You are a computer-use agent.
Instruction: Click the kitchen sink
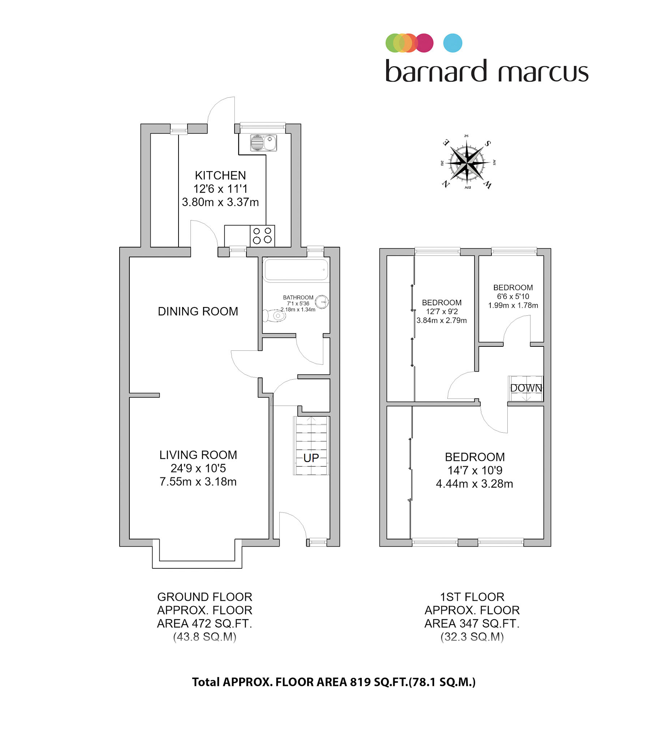click(263, 143)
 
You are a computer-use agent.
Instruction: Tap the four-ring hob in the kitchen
click(262, 236)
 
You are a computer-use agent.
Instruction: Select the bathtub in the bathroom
click(296, 270)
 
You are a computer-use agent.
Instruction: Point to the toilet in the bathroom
click(274, 315)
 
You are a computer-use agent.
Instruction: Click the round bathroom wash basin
click(322, 302)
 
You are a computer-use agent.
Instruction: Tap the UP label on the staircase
click(311, 458)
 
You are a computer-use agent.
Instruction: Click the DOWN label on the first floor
click(526, 388)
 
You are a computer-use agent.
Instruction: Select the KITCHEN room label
click(220, 175)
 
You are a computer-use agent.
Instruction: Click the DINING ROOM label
click(198, 311)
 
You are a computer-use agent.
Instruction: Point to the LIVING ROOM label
click(198, 455)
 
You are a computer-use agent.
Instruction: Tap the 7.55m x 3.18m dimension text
click(198, 482)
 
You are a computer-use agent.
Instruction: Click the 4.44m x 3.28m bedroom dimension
click(474, 484)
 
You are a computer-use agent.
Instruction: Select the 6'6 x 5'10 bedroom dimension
click(513, 296)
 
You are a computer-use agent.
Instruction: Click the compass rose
click(467, 162)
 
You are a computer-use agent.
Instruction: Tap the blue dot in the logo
click(453, 43)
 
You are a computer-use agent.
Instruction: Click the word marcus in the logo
click(543, 73)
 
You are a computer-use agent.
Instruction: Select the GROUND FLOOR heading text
click(205, 597)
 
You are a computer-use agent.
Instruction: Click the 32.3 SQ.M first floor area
click(472, 637)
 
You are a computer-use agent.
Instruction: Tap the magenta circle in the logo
click(424, 43)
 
